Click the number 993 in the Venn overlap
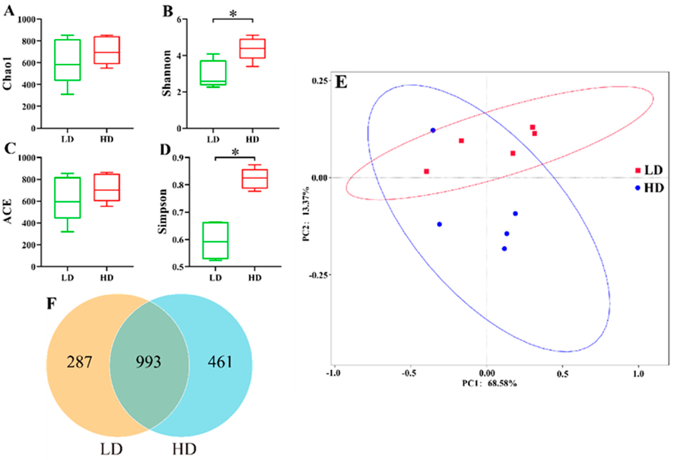[x=148, y=362]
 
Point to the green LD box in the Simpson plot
[x=215, y=240]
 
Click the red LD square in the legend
[x=638, y=170]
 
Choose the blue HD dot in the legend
[x=637, y=188]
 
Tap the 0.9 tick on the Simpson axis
[x=179, y=158]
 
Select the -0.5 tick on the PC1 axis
[x=409, y=373]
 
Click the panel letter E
[x=341, y=83]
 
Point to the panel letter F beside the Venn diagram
[x=51, y=304]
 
